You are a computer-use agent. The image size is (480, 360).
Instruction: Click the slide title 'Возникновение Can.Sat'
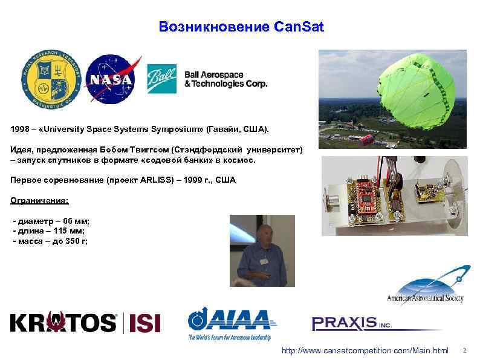click(241, 27)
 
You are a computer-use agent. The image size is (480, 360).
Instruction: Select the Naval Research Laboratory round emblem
click(50, 79)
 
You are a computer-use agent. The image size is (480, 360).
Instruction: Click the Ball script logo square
click(162, 79)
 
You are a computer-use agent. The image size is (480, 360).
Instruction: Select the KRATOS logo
click(63, 322)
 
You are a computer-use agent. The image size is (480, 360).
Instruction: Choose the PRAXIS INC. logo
click(352, 324)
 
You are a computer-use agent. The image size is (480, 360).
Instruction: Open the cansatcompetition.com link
click(365, 351)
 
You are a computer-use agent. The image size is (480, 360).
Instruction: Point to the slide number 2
click(464, 350)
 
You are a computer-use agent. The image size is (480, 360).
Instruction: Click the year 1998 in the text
click(21, 130)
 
